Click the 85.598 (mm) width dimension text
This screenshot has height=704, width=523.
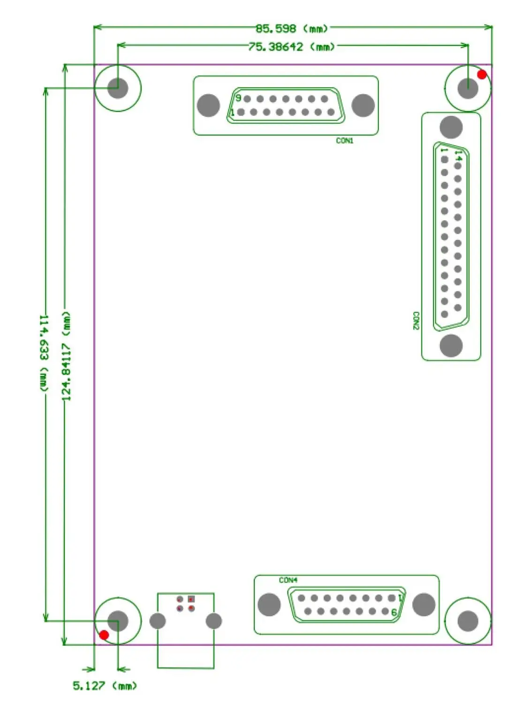[291, 29]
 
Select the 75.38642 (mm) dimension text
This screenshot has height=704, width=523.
[291, 47]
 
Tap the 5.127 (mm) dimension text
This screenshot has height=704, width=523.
[105, 686]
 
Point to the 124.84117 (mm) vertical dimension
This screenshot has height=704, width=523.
[66, 356]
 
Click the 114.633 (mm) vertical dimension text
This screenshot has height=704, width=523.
[44, 353]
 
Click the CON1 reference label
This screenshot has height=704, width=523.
[345, 141]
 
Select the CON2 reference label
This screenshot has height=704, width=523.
[416, 321]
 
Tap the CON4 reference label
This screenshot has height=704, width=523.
[288, 580]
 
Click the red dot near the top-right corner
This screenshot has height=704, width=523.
[482, 75]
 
